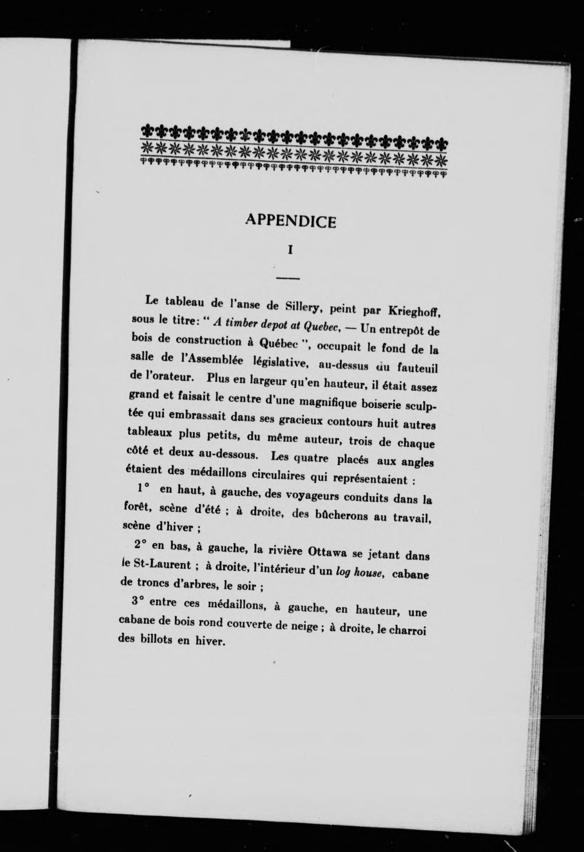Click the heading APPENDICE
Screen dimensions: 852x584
point(291,221)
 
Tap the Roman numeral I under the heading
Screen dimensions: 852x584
point(291,250)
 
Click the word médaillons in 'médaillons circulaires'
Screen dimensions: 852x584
point(224,473)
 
